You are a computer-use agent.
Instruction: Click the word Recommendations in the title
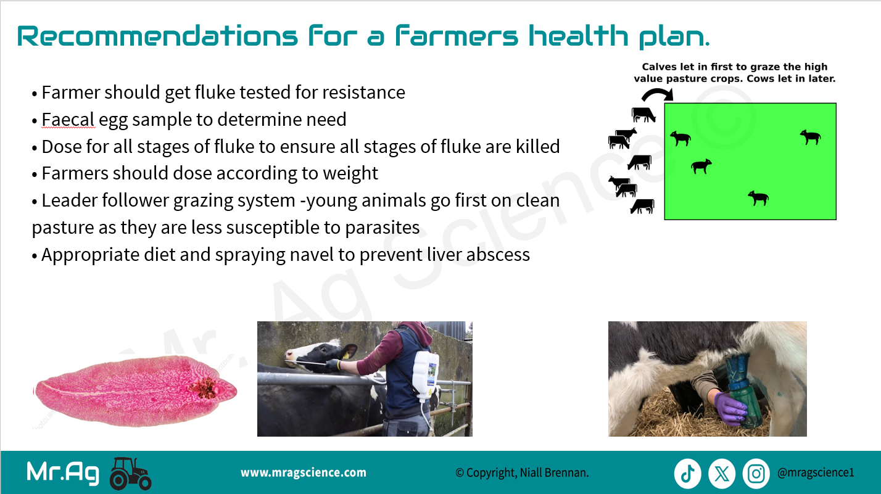coord(158,36)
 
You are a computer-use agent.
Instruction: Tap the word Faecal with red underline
coord(68,120)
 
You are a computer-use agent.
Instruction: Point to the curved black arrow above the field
coord(658,94)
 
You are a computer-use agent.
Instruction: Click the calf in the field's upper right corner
coord(811,137)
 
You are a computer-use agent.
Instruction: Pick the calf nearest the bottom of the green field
coord(759,198)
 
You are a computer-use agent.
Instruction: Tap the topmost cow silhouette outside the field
coord(643,115)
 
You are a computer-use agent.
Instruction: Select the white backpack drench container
coord(426,376)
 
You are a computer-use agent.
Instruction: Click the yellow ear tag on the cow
coord(345,355)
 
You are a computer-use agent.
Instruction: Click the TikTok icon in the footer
coord(687,474)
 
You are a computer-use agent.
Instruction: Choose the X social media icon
coord(722,474)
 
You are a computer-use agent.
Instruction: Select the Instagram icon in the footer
coord(756,474)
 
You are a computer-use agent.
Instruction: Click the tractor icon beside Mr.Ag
coord(130,474)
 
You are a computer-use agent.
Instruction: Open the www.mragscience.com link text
coord(304,472)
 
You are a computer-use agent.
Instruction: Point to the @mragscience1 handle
coord(816,472)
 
